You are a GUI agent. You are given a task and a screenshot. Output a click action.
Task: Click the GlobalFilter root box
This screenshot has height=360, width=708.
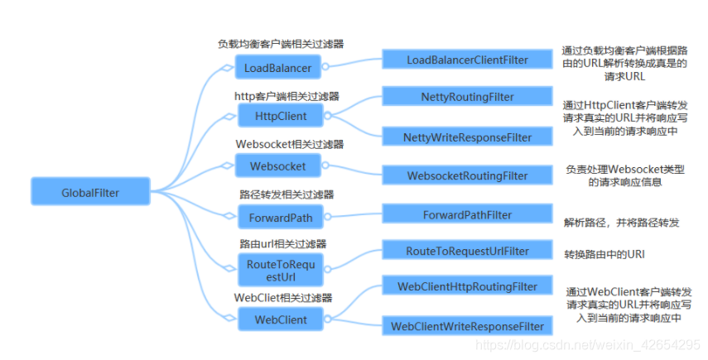pos(90,193)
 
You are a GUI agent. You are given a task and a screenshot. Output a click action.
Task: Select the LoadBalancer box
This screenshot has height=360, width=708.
pos(278,67)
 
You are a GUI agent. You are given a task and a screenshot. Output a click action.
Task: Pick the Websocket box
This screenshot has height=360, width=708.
pos(278,166)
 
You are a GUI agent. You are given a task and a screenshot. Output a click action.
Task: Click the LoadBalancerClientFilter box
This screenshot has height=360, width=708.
pos(467,60)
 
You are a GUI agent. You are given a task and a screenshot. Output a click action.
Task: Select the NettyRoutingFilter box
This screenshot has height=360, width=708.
pos(467,97)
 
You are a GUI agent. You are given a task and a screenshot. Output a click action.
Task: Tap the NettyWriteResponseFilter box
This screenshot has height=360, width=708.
pos(467,136)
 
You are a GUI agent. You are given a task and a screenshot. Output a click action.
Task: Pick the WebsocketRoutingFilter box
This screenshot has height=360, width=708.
pos(467,175)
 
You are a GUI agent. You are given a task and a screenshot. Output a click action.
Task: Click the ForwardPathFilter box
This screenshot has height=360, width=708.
pos(467,215)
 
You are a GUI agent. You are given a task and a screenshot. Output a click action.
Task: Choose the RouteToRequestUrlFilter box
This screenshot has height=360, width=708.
pos(467,251)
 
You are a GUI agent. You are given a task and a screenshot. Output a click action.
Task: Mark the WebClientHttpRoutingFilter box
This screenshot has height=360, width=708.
pos(467,286)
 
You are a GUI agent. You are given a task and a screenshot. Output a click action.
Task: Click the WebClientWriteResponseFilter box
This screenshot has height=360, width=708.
pos(467,326)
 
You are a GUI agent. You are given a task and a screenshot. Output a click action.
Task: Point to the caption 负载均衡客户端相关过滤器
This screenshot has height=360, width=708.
pos(281,45)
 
